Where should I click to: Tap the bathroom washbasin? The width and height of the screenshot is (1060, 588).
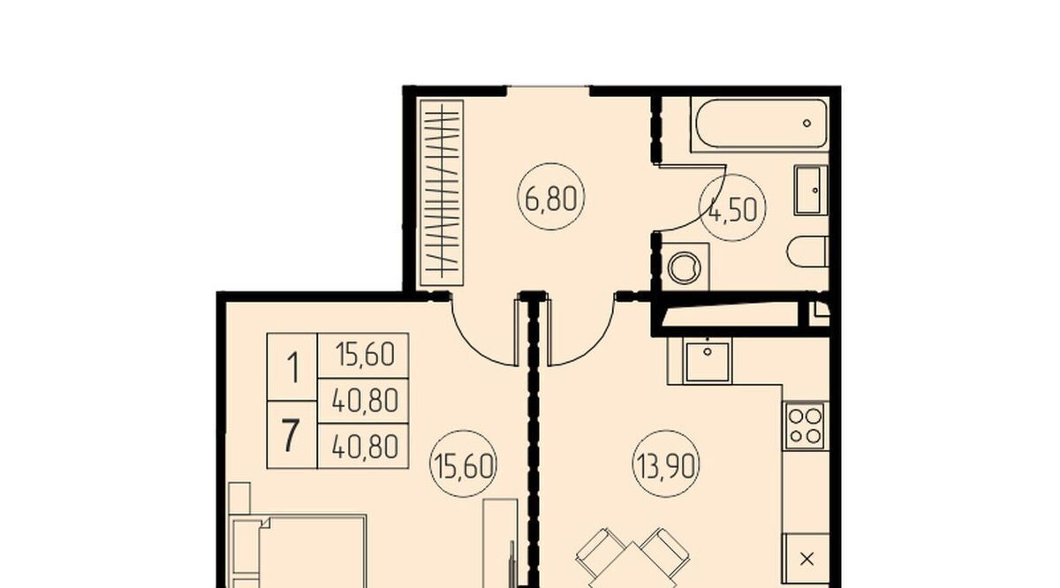(811, 190)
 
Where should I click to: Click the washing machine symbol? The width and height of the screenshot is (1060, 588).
(685, 267)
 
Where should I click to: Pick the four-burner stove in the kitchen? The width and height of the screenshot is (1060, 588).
(806, 426)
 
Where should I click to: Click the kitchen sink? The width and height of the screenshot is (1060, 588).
(708, 360)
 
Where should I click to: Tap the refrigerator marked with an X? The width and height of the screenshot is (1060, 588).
(806, 559)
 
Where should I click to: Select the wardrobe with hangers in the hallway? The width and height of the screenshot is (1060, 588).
(442, 193)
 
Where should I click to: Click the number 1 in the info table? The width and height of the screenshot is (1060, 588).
(292, 367)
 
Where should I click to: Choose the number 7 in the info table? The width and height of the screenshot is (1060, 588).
(291, 435)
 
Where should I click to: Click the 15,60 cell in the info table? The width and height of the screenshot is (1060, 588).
(363, 355)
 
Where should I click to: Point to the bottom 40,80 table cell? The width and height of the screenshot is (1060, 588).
(363, 446)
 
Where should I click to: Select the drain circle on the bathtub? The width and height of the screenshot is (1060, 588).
(806, 124)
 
